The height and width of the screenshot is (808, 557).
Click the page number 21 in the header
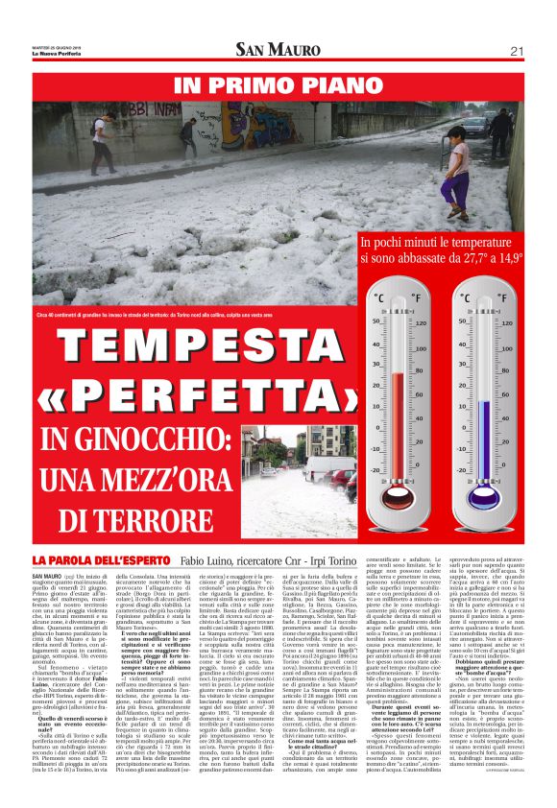[517, 51]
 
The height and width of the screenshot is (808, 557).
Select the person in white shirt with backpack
[99, 140]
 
